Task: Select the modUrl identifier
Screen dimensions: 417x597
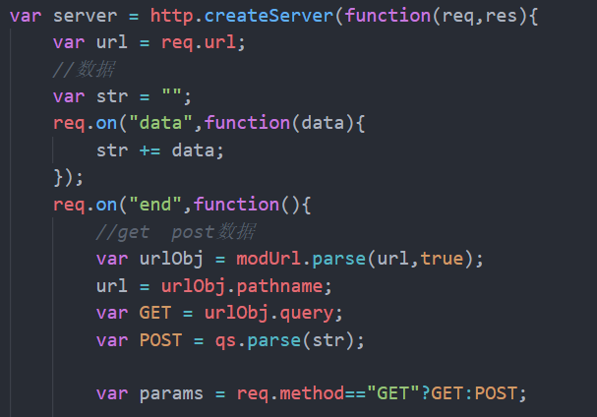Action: (269, 259)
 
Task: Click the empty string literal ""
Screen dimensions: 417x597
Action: (177, 97)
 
